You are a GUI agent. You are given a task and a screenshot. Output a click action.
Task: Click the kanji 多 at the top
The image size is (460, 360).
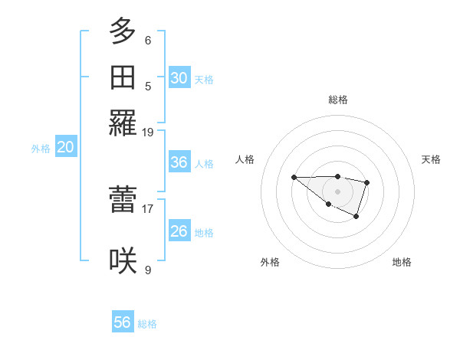pyautogui.click(x=123, y=31)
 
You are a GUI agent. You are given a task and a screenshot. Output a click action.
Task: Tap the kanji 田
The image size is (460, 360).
pyautogui.click(x=123, y=77)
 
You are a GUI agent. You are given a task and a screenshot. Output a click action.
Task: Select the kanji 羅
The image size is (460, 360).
pyautogui.click(x=123, y=123)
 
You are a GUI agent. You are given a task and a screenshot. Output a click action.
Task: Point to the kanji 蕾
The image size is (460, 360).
pyautogui.click(x=123, y=200)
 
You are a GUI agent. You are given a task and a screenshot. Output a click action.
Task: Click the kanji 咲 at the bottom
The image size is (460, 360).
pyautogui.click(x=123, y=261)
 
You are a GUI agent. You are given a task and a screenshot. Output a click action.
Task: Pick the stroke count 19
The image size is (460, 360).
pyautogui.click(x=148, y=132)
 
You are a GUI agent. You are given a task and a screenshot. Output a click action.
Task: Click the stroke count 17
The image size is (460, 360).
pyautogui.click(x=148, y=208)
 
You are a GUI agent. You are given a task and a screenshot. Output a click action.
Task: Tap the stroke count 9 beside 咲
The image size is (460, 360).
pyautogui.click(x=148, y=270)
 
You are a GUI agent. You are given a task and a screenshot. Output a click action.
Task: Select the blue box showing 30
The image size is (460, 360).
pyautogui.click(x=179, y=78)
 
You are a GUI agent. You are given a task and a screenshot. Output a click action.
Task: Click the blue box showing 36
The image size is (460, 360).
pyautogui.click(x=179, y=162)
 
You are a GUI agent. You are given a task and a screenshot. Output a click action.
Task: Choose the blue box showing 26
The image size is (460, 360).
pyautogui.click(x=179, y=231)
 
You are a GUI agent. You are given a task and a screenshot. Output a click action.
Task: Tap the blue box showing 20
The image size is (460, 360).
pyautogui.click(x=65, y=148)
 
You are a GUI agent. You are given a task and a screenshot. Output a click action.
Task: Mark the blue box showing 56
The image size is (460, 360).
pyautogui.click(x=123, y=322)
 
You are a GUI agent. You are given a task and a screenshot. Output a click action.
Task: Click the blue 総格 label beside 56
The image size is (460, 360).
pyautogui.click(x=147, y=324)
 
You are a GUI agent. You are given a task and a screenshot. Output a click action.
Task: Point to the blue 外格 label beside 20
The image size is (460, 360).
pyautogui.click(x=41, y=149)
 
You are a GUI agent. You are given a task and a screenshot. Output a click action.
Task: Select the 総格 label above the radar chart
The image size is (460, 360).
pyautogui.click(x=338, y=100)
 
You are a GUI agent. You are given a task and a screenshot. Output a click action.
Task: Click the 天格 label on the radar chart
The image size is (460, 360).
pyautogui.click(x=431, y=159)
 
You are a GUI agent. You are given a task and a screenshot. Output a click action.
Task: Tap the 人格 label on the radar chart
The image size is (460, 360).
pyautogui.click(x=245, y=159)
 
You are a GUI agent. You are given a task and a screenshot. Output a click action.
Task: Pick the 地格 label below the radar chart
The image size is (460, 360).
pyautogui.click(x=402, y=262)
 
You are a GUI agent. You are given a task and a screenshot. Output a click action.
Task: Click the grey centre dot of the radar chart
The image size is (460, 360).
pyautogui.click(x=338, y=191)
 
